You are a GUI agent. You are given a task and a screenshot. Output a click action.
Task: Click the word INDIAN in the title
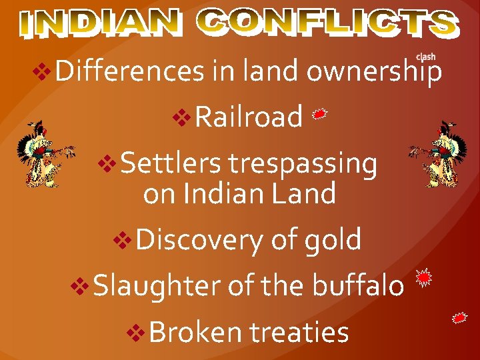(x=100, y=23)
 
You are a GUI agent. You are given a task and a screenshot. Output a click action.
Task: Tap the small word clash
(x=425, y=57)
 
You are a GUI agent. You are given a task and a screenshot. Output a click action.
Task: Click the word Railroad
(x=249, y=117)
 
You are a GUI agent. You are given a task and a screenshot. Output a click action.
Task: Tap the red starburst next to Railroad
(x=320, y=115)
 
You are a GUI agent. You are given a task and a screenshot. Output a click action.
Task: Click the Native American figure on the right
(x=439, y=153)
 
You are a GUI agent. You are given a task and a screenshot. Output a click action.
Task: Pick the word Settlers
(x=172, y=163)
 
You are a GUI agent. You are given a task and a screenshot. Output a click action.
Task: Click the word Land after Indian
(x=308, y=194)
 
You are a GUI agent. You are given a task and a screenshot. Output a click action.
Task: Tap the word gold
(x=333, y=239)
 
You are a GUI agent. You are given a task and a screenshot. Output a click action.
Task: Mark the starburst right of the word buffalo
(x=424, y=278)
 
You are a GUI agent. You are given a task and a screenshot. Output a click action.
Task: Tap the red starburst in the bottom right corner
(x=459, y=318)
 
